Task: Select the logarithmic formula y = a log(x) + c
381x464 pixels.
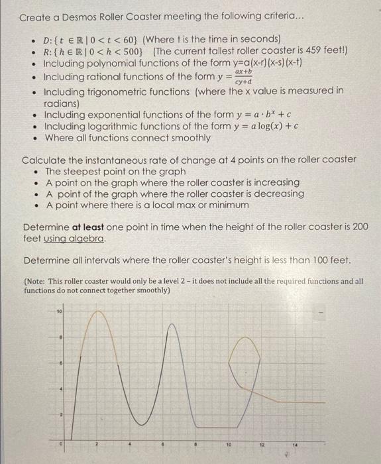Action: (x=265, y=126)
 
